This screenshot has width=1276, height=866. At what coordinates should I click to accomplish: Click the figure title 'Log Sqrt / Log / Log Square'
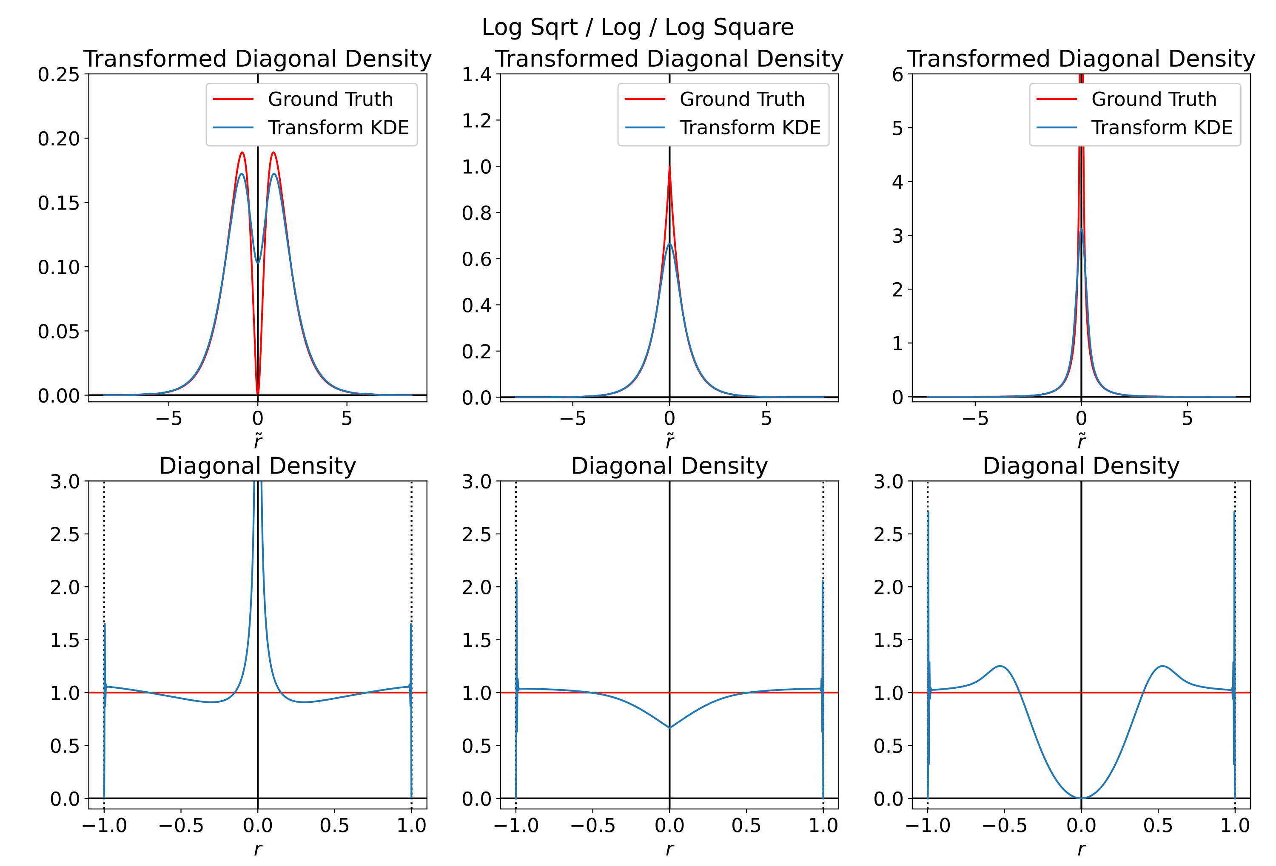[x=638, y=27]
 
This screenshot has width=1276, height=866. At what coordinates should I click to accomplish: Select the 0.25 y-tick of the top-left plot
[x=59, y=74]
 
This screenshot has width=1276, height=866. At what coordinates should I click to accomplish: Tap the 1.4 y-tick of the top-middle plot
[x=476, y=74]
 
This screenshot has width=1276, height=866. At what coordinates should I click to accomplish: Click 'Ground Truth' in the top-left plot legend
[x=330, y=99]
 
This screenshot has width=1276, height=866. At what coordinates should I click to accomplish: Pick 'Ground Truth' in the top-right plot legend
[x=1154, y=99]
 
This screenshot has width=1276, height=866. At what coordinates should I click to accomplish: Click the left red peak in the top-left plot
[x=242, y=153]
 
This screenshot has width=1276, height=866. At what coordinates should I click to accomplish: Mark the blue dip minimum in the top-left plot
[x=257, y=262]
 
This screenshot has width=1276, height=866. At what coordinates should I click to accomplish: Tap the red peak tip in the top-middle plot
[x=669, y=166]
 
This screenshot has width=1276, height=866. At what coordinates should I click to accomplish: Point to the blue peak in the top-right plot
[x=1081, y=230]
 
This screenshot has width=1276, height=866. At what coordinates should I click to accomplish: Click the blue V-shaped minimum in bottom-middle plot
[x=669, y=728]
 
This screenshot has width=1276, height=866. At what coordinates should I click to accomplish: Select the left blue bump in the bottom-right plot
[x=1000, y=666]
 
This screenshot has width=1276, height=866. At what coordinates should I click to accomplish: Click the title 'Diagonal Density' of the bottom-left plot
[x=257, y=466]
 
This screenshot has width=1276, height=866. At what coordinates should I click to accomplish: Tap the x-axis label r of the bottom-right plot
[x=1081, y=849]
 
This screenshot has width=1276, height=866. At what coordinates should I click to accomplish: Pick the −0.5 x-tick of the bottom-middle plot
[x=592, y=825]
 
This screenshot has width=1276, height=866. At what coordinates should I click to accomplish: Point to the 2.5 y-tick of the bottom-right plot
[x=888, y=534]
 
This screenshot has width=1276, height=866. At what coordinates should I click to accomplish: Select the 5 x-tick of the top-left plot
[x=347, y=418]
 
